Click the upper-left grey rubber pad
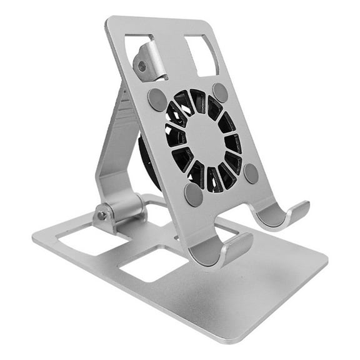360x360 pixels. point(157,99)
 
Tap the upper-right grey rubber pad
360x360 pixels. point(220,92)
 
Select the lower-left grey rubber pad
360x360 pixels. point(193,195)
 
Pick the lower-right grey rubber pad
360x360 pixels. point(251,173)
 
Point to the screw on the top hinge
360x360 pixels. point(142,66)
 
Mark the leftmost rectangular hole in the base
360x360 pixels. point(87,241)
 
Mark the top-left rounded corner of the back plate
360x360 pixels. point(109,22)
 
